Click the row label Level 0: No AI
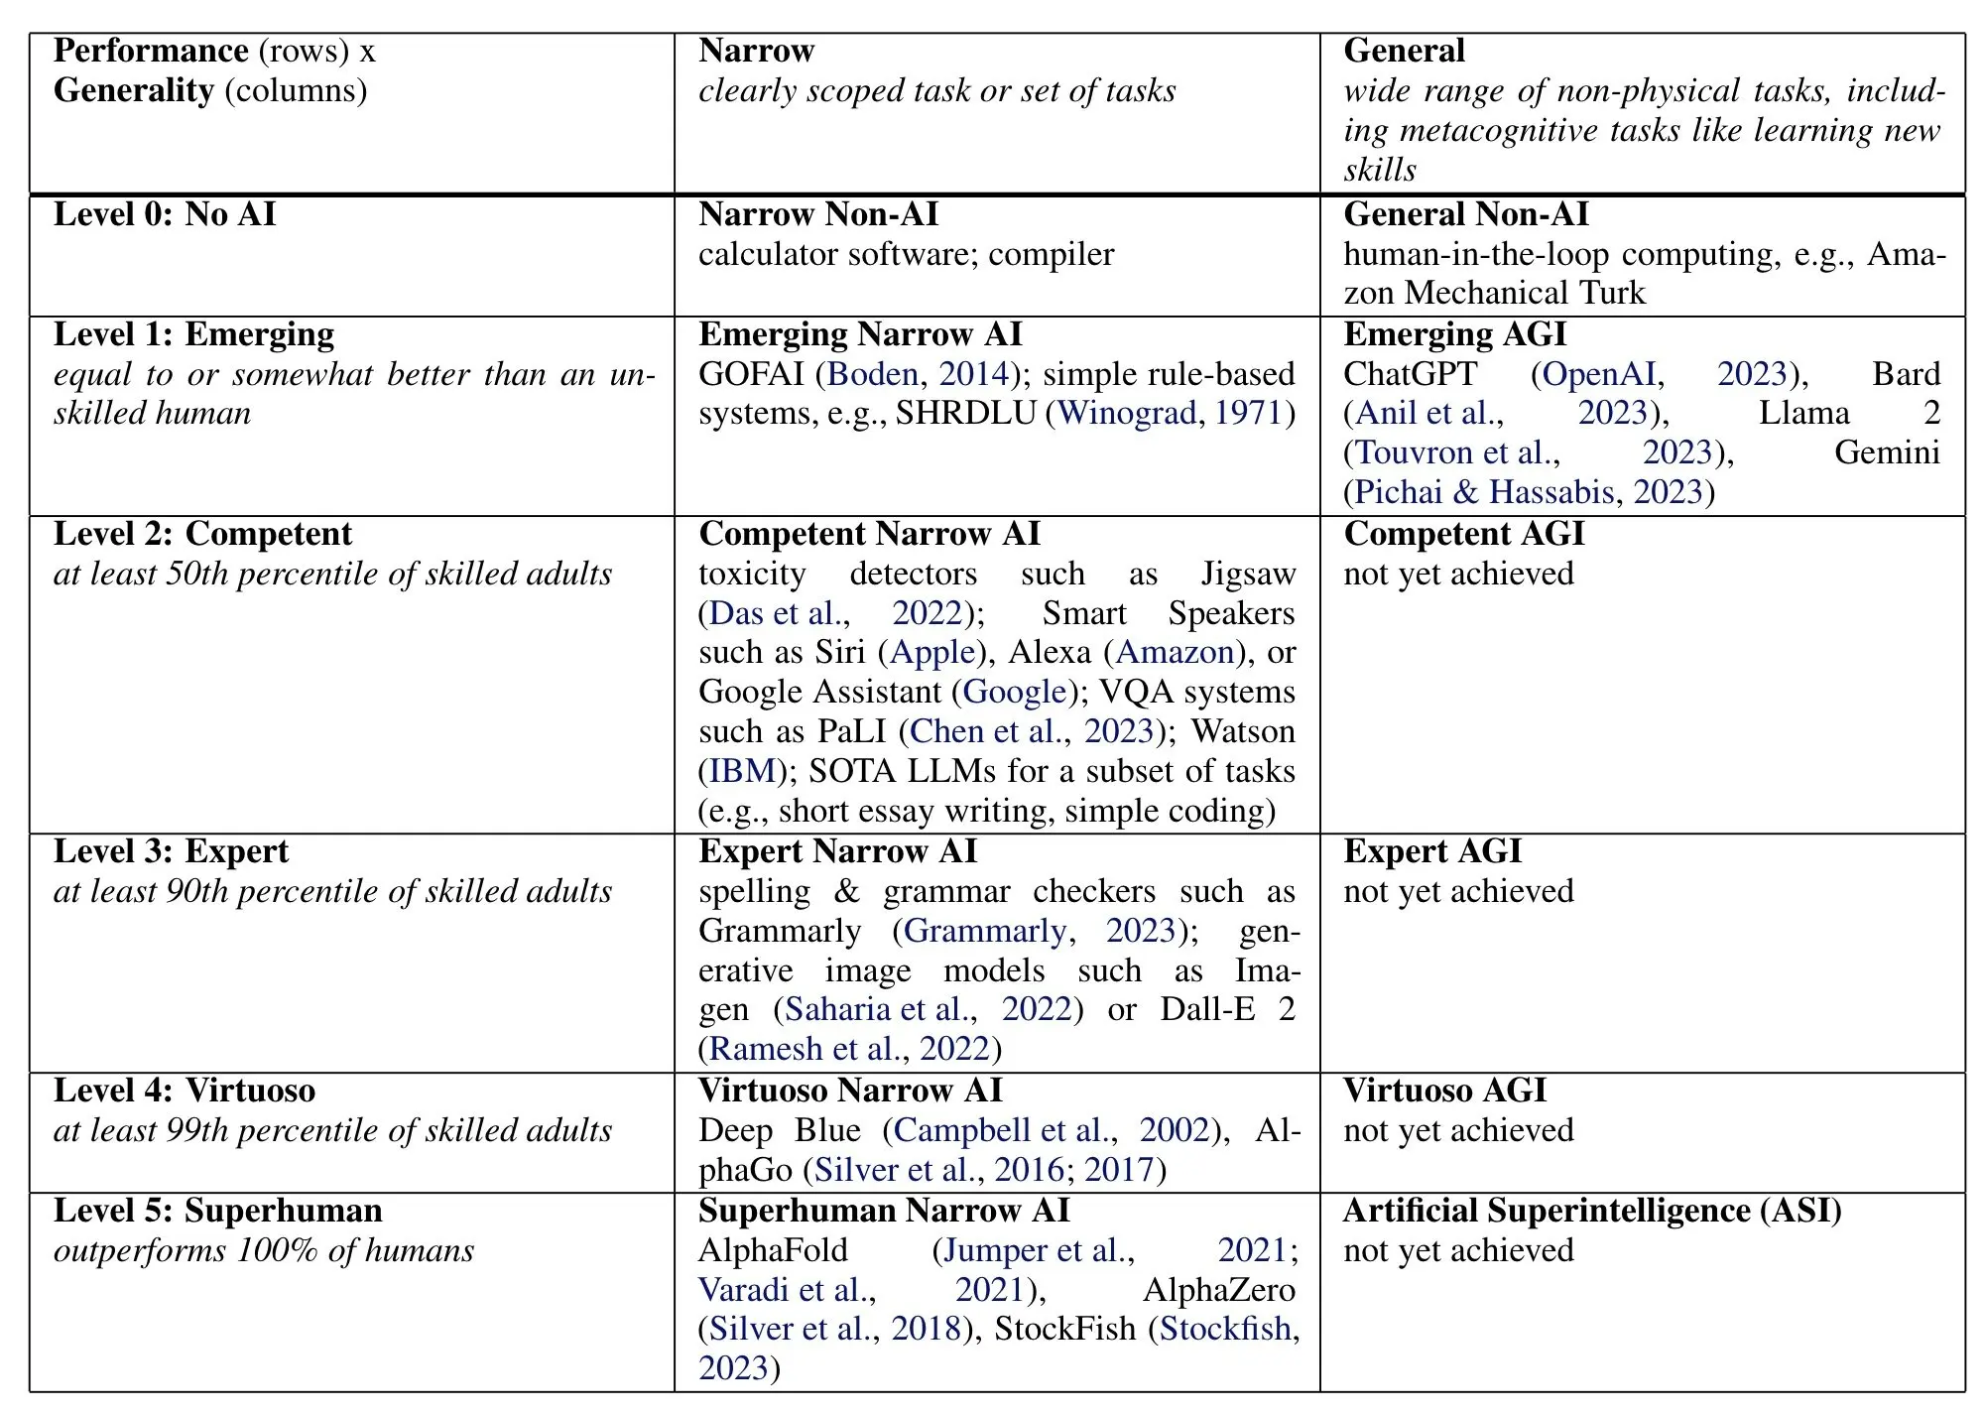(165, 214)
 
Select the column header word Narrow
(756, 51)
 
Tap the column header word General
(1404, 51)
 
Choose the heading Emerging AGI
(1454, 334)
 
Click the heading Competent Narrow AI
(869, 534)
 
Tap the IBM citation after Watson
(742, 771)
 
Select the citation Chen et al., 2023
(1032, 731)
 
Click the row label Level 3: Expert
(171, 851)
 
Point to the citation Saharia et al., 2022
(928, 1009)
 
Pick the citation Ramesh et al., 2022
(849, 1049)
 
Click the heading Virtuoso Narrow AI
(850, 1091)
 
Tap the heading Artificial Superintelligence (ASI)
(1592, 1211)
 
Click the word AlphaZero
(1218, 1290)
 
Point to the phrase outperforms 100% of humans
(264, 1250)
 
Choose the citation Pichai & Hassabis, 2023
(1528, 492)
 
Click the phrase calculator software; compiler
(906, 255)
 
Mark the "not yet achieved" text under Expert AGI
(1458, 891)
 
